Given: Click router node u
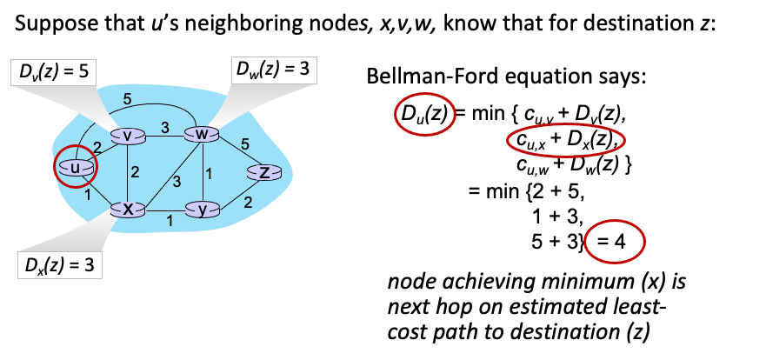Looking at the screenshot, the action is click(76, 166).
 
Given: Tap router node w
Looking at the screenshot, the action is click(202, 134).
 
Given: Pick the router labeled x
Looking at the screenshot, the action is click(128, 209).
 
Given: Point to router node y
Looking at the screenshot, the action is click(203, 210).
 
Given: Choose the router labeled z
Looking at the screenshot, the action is click(264, 172).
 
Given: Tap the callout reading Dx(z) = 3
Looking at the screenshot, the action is click(59, 265).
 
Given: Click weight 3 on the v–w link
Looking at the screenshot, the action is click(164, 128).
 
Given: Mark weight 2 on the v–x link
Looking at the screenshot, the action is click(136, 172).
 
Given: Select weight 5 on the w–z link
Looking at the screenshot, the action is click(245, 143).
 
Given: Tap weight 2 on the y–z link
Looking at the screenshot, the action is click(248, 203).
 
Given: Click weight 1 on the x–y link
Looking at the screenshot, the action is click(170, 221).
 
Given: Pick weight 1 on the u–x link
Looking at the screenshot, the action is click(88, 196).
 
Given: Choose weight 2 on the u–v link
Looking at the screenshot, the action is click(97, 146).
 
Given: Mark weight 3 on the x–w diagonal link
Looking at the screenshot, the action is click(177, 181).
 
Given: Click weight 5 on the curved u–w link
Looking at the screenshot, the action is click(127, 100).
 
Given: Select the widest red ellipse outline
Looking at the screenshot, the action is click(565, 140).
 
